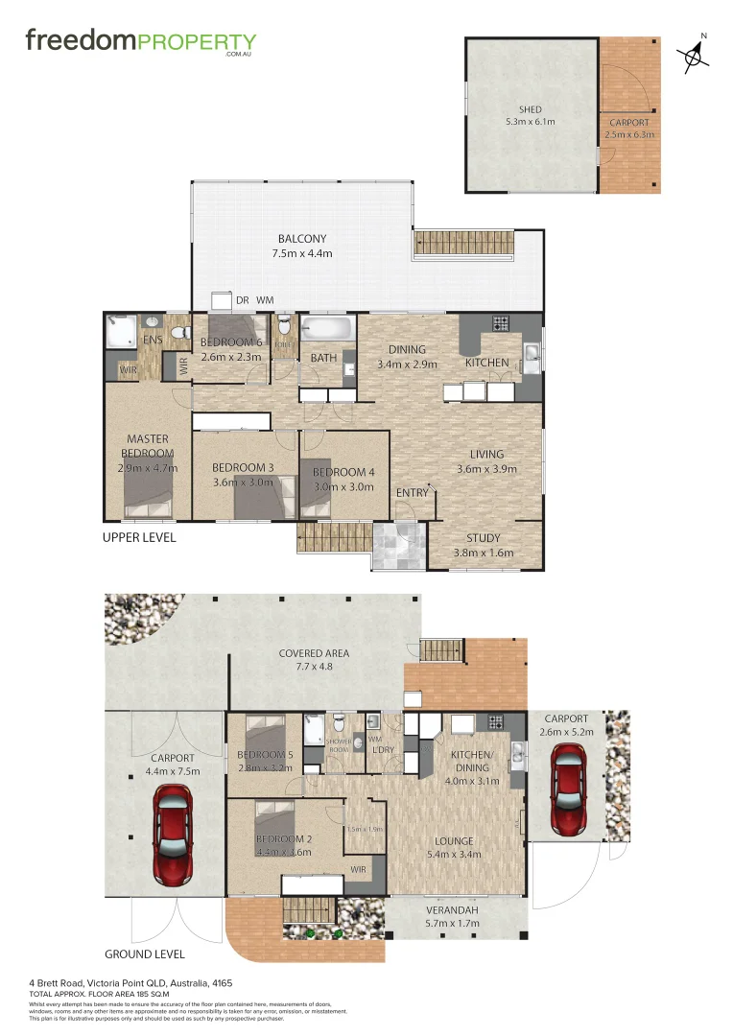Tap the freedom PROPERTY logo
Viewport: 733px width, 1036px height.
click(x=141, y=42)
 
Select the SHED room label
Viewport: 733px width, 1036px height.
click(x=531, y=116)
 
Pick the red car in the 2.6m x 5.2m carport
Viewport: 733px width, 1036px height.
click(x=568, y=791)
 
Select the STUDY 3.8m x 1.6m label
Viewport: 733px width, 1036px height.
click(x=484, y=545)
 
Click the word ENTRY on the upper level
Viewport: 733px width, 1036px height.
click(x=413, y=493)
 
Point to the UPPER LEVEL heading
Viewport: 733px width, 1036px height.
click(x=139, y=537)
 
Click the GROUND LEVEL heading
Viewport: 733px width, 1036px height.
click(x=144, y=954)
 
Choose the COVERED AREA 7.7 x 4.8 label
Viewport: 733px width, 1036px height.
click(x=314, y=660)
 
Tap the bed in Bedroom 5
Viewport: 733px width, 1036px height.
click(x=263, y=730)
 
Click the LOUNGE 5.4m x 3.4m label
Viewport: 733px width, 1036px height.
click(x=450, y=848)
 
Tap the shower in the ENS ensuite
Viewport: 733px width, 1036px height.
click(x=121, y=332)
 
